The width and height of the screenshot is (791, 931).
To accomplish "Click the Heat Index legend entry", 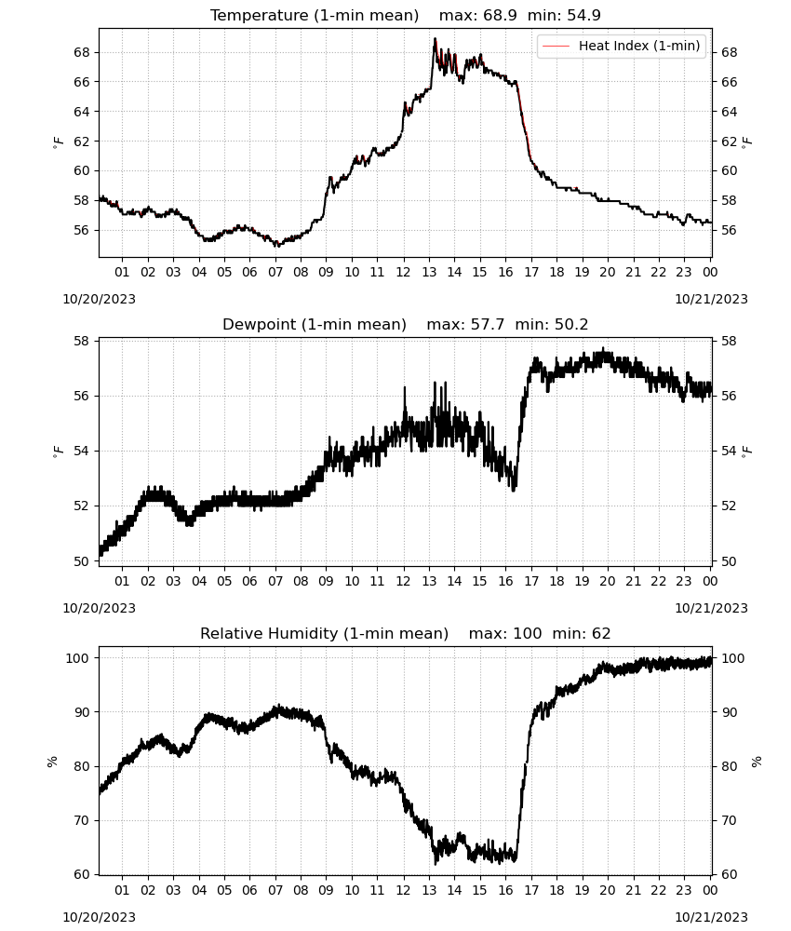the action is (x=622, y=46).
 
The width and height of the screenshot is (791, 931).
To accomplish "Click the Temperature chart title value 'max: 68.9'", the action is (x=477, y=15).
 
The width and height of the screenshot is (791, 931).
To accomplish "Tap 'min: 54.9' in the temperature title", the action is (x=564, y=15).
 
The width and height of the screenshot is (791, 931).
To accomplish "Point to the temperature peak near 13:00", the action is (x=435, y=39).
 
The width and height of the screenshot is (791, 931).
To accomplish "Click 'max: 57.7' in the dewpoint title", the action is (x=466, y=324).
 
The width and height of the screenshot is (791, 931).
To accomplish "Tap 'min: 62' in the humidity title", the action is (x=582, y=633).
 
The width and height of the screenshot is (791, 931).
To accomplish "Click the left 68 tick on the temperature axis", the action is (x=82, y=52).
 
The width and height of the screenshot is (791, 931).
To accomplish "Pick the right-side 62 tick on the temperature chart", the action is (x=729, y=142).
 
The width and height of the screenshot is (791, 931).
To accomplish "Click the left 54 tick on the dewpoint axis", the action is (x=82, y=451).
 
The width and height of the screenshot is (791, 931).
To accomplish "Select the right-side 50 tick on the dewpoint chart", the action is (x=729, y=561).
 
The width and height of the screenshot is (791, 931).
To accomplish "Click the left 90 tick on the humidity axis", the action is (x=82, y=712).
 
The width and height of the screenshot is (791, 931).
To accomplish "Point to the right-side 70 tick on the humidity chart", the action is (x=729, y=820).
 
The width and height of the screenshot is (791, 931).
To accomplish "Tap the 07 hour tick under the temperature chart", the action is (x=275, y=272).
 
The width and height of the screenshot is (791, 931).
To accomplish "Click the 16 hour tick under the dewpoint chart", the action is (x=505, y=581).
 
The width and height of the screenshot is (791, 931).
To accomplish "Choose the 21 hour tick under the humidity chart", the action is (x=633, y=890).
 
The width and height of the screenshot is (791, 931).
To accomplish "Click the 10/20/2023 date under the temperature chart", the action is (x=99, y=299).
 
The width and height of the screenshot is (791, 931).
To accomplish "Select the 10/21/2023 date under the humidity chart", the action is (x=712, y=917).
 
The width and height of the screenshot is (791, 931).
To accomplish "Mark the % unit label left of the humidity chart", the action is (x=52, y=762).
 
